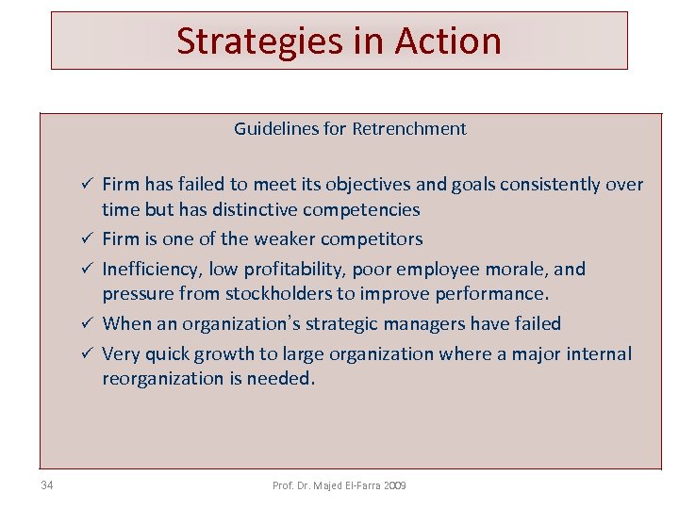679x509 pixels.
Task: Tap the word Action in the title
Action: pyautogui.click(x=448, y=41)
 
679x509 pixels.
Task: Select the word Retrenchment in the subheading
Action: pyautogui.click(x=409, y=129)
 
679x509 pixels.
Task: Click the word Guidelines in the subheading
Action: pyautogui.click(x=276, y=129)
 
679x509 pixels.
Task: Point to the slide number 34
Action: pyautogui.click(x=47, y=485)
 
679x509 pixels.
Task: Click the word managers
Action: pyautogui.click(x=440, y=324)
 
